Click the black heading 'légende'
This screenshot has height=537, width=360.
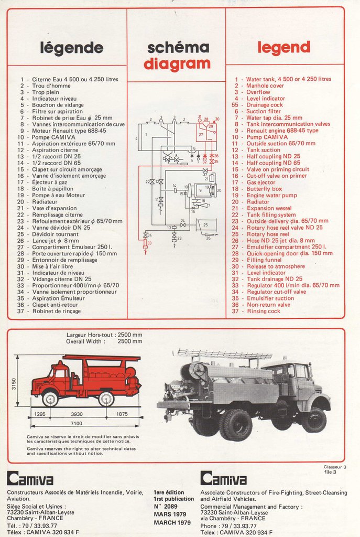pos(72,48)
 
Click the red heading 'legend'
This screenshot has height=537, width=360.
pos(283,47)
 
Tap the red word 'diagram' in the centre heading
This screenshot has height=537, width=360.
pos(177,64)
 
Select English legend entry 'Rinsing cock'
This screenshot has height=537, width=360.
pos(263,311)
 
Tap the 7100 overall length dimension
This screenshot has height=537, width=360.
pos(77,423)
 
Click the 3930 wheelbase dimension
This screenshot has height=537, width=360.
pos(77,414)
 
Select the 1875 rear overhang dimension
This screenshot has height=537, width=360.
pos(122,414)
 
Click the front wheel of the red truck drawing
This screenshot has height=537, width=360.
pos(50,399)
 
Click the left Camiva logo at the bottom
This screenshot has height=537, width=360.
pos(30,479)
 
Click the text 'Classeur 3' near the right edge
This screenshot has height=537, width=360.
pos(334,467)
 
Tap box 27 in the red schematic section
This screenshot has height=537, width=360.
pos(201,134)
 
